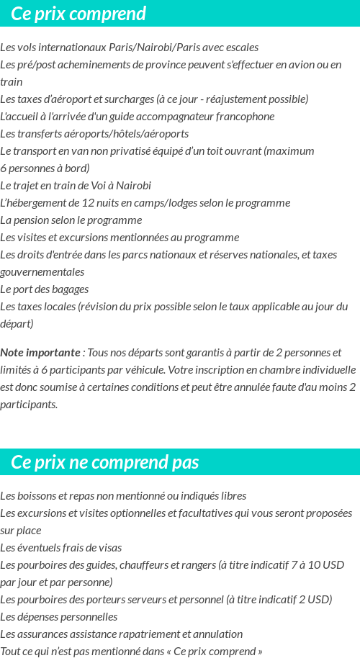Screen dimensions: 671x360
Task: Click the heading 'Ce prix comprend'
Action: [x=78, y=14]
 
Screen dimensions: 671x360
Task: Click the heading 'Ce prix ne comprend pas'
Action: [x=105, y=461]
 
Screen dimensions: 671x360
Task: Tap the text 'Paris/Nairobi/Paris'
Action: [x=154, y=48]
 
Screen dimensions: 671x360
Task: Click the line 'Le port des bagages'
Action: [x=45, y=289]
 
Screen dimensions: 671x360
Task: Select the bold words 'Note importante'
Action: [x=40, y=353]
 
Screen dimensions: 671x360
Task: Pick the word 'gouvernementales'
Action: [x=42, y=272]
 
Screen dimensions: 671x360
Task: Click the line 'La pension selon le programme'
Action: [x=71, y=220]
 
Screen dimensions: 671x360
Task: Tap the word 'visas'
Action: [x=108, y=548]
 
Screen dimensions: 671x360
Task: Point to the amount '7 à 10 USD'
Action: [x=317, y=565]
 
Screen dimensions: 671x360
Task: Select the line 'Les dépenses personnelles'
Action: [x=59, y=617]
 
